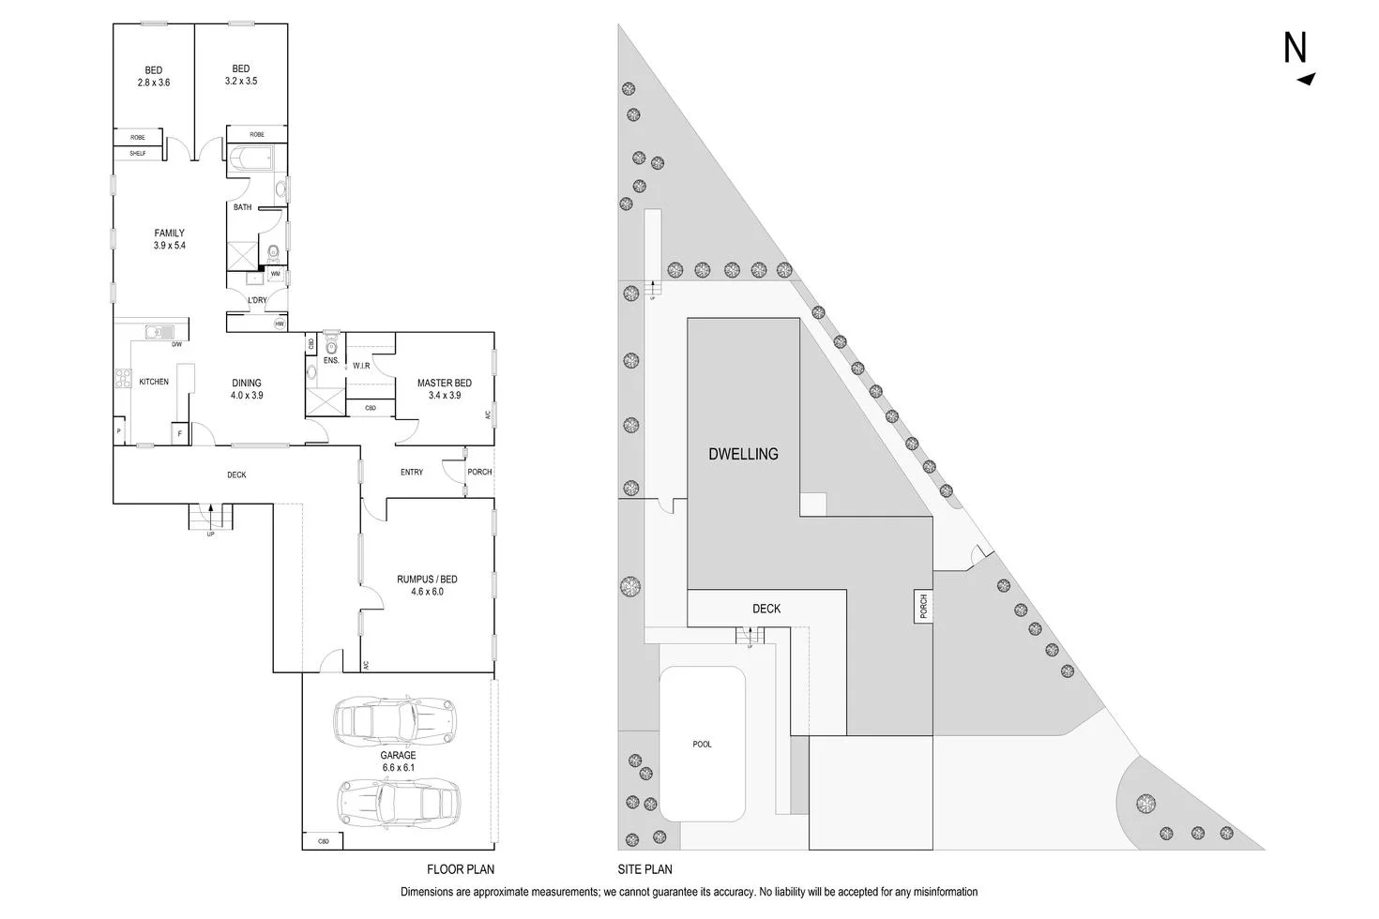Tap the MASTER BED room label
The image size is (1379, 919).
point(444,389)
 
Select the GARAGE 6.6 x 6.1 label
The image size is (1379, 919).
point(398,761)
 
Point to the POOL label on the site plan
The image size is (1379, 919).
point(702,745)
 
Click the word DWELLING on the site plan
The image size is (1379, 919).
point(743,454)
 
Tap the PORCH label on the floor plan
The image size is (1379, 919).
point(479,472)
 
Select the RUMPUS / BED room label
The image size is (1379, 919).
point(427,585)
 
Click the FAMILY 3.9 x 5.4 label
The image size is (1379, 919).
point(169,239)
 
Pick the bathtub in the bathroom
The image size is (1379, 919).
point(250,158)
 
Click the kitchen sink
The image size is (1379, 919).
point(159,331)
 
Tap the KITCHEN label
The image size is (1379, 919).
point(154,382)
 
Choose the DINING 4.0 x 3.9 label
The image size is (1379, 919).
point(247,389)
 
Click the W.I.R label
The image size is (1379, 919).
point(362,366)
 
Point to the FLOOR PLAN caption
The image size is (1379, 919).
point(460,869)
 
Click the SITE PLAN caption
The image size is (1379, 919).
point(644,869)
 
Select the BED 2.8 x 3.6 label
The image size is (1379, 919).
point(153,76)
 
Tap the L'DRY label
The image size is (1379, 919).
point(257,300)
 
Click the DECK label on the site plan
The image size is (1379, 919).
point(766,609)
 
